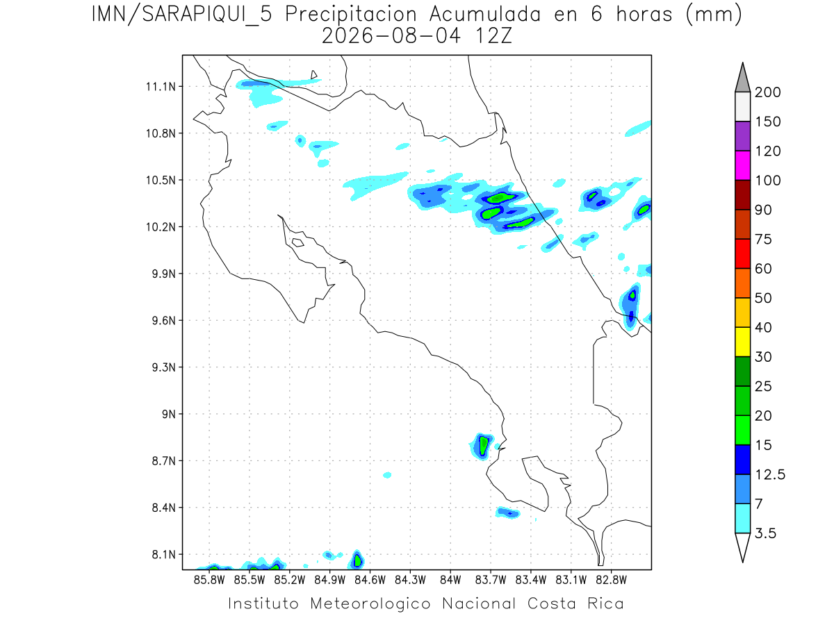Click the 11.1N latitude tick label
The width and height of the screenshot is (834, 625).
161,87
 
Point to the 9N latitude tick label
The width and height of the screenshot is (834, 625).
169,414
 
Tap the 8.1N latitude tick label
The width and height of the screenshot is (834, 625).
164,554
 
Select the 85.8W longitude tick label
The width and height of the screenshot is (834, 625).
209,581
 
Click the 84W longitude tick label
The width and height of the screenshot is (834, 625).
450,581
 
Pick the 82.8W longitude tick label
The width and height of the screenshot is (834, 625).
611,581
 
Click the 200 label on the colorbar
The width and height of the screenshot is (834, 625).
767,92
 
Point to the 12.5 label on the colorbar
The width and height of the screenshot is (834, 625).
770,474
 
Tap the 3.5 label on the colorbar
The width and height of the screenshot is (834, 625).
765,533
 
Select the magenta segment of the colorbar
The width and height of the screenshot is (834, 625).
742,165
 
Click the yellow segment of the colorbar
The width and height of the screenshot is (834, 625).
742,342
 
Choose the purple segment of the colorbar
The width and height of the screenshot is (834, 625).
742,136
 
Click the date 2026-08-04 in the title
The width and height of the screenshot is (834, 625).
391,36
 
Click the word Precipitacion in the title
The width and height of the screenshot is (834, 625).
351,15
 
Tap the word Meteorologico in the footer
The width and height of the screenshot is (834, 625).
370,603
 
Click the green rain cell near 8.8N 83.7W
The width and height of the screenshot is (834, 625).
483,445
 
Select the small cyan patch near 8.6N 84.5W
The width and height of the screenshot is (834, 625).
387,475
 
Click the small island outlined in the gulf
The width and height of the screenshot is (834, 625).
298,242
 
